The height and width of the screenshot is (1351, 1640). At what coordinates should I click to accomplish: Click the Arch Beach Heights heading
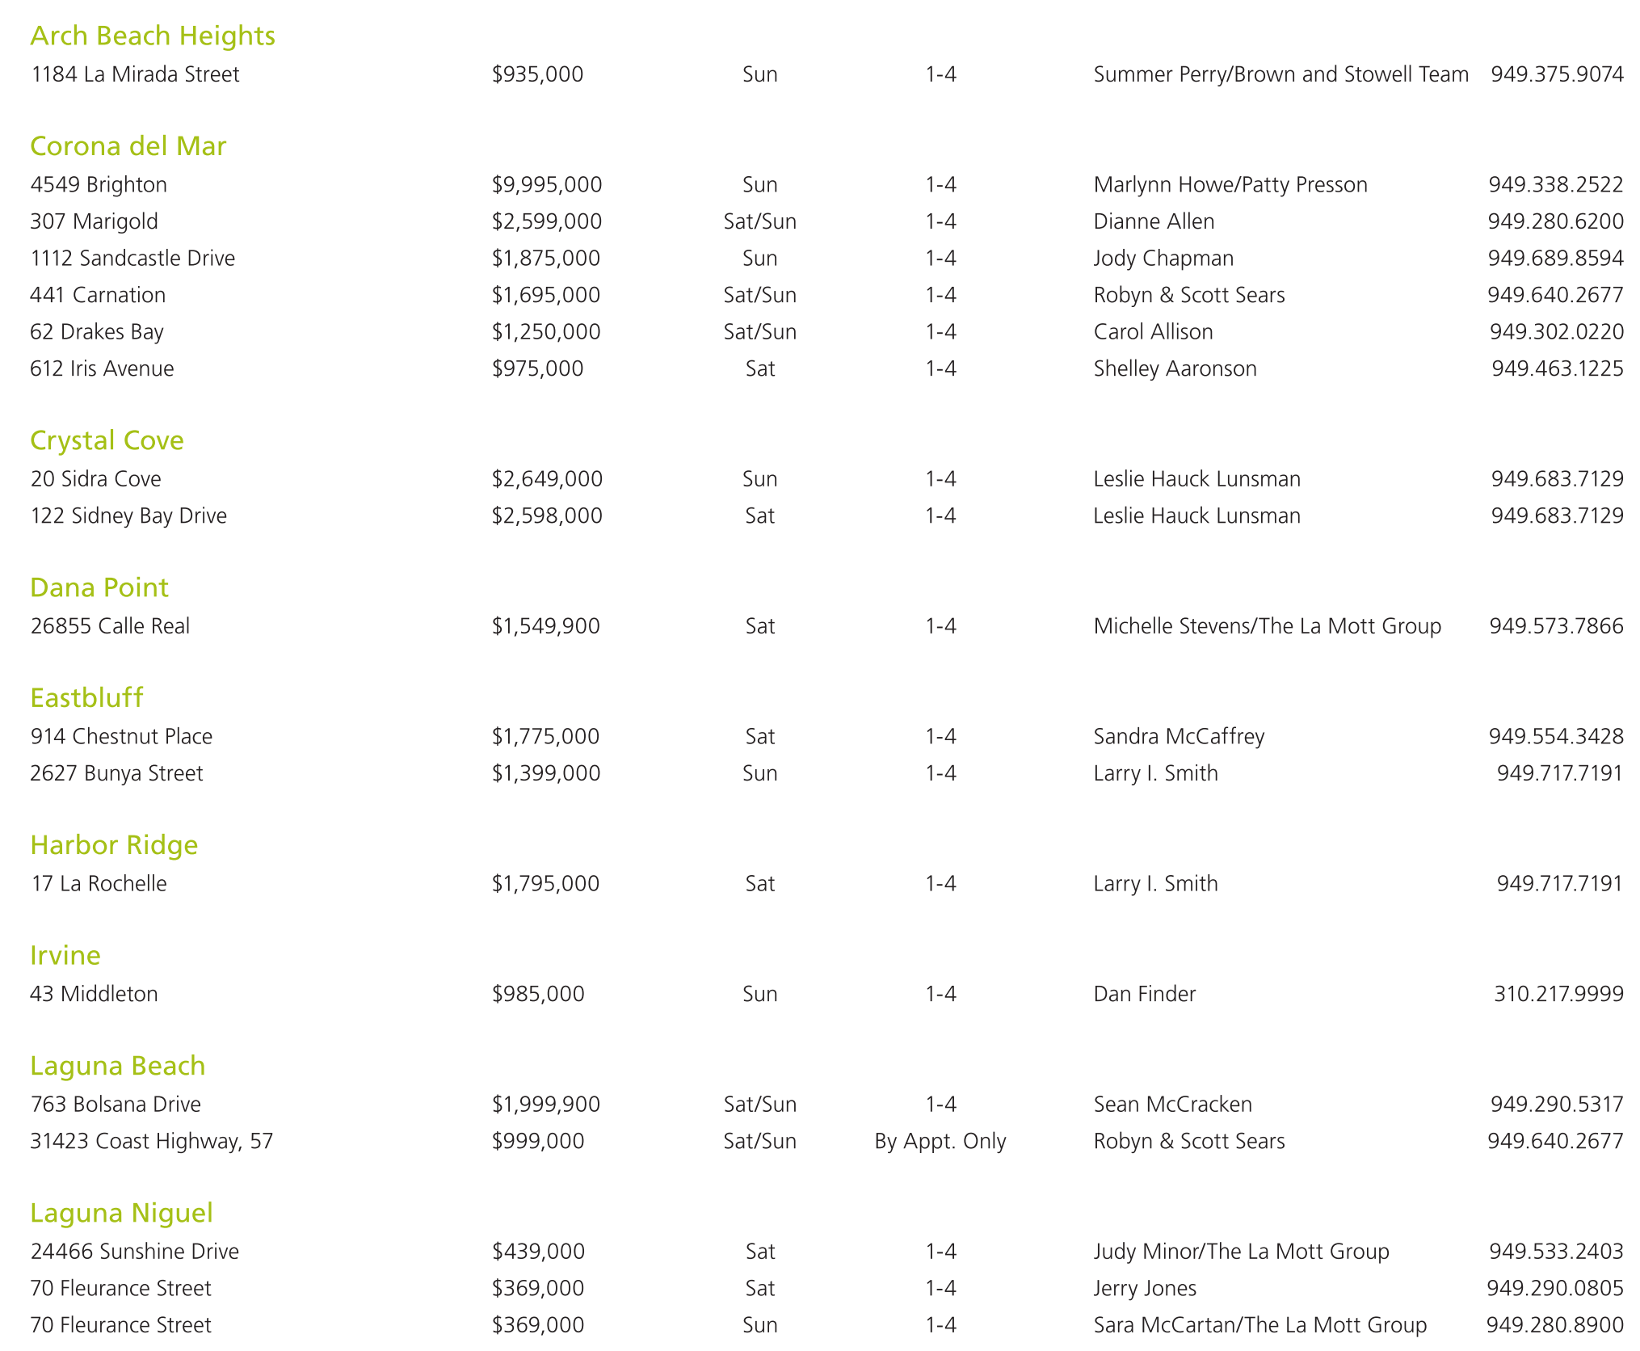pyautogui.click(x=153, y=36)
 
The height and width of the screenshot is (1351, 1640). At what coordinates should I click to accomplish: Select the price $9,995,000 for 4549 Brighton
pyautogui.click(x=547, y=184)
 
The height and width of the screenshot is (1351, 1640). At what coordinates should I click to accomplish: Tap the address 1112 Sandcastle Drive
pyautogui.click(x=132, y=258)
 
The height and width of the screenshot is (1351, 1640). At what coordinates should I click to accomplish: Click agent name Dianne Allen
pyautogui.click(x=1154, y=221)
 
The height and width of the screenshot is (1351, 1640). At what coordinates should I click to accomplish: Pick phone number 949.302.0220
pyautogui.click(x=1556, y=331)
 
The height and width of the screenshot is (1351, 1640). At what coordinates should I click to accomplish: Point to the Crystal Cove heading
pyautogui.click(x=107, y=440)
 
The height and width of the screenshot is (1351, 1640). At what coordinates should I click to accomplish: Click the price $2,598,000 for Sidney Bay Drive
pyautogui.click(x=547, y=516)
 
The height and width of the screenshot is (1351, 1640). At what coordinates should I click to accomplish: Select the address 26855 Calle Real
pyautogui.click(x=110, y=625)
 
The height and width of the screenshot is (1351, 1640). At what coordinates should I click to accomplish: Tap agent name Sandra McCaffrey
pyautogui.click(x=1179, y=736)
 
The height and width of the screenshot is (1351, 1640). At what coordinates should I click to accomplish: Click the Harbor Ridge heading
pyautogui.click(x=114, y=845)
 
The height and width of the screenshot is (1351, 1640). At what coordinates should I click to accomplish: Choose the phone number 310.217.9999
pyautogui.click(x=1558, y=993)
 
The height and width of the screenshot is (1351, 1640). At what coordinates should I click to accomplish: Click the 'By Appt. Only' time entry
pyautogui.click(x=940, y=1141)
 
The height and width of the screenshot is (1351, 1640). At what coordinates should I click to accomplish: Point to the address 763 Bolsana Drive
pyautogui.click(x=116, y=1104)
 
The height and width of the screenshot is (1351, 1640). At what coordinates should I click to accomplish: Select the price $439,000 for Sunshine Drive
pyautogui.click(x=538, y=1251)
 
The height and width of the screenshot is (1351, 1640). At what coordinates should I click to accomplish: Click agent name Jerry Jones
pyautogui.click(x=1145, y=1288)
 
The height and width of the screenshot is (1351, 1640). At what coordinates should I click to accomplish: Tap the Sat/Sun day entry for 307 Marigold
pyautogui.click(x=759, y=221)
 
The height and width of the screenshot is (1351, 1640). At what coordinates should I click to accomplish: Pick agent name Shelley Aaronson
pyautogui.click(x=1175, y=368)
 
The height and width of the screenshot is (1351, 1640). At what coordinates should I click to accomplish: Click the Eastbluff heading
pyautogui.click(x=86, y=697)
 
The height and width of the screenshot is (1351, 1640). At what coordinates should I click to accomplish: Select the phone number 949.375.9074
pyautogui.click(x=1557, y=74)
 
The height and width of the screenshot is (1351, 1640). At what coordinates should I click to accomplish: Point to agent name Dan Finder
pyautogui.click(x=1144, y=993)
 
